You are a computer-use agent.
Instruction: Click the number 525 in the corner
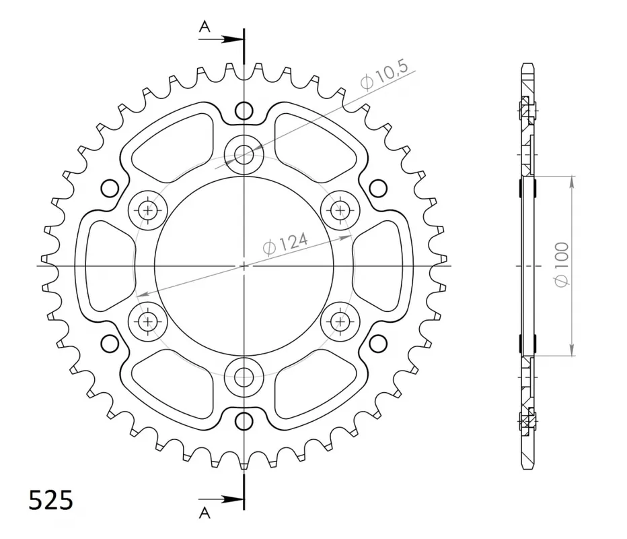tap(50, 500)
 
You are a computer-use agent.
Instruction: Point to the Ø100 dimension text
tap(562, 265)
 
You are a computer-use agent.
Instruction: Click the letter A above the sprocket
tap(205, 27)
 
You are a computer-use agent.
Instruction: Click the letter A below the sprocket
tap(205, 513)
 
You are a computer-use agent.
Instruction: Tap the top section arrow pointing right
tap(221, 39)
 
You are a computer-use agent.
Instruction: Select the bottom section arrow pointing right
tap(221, 499)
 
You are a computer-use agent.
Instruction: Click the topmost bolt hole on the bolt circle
tap(244, 154)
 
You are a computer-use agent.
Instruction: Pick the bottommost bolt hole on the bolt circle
tap(244, 377)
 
